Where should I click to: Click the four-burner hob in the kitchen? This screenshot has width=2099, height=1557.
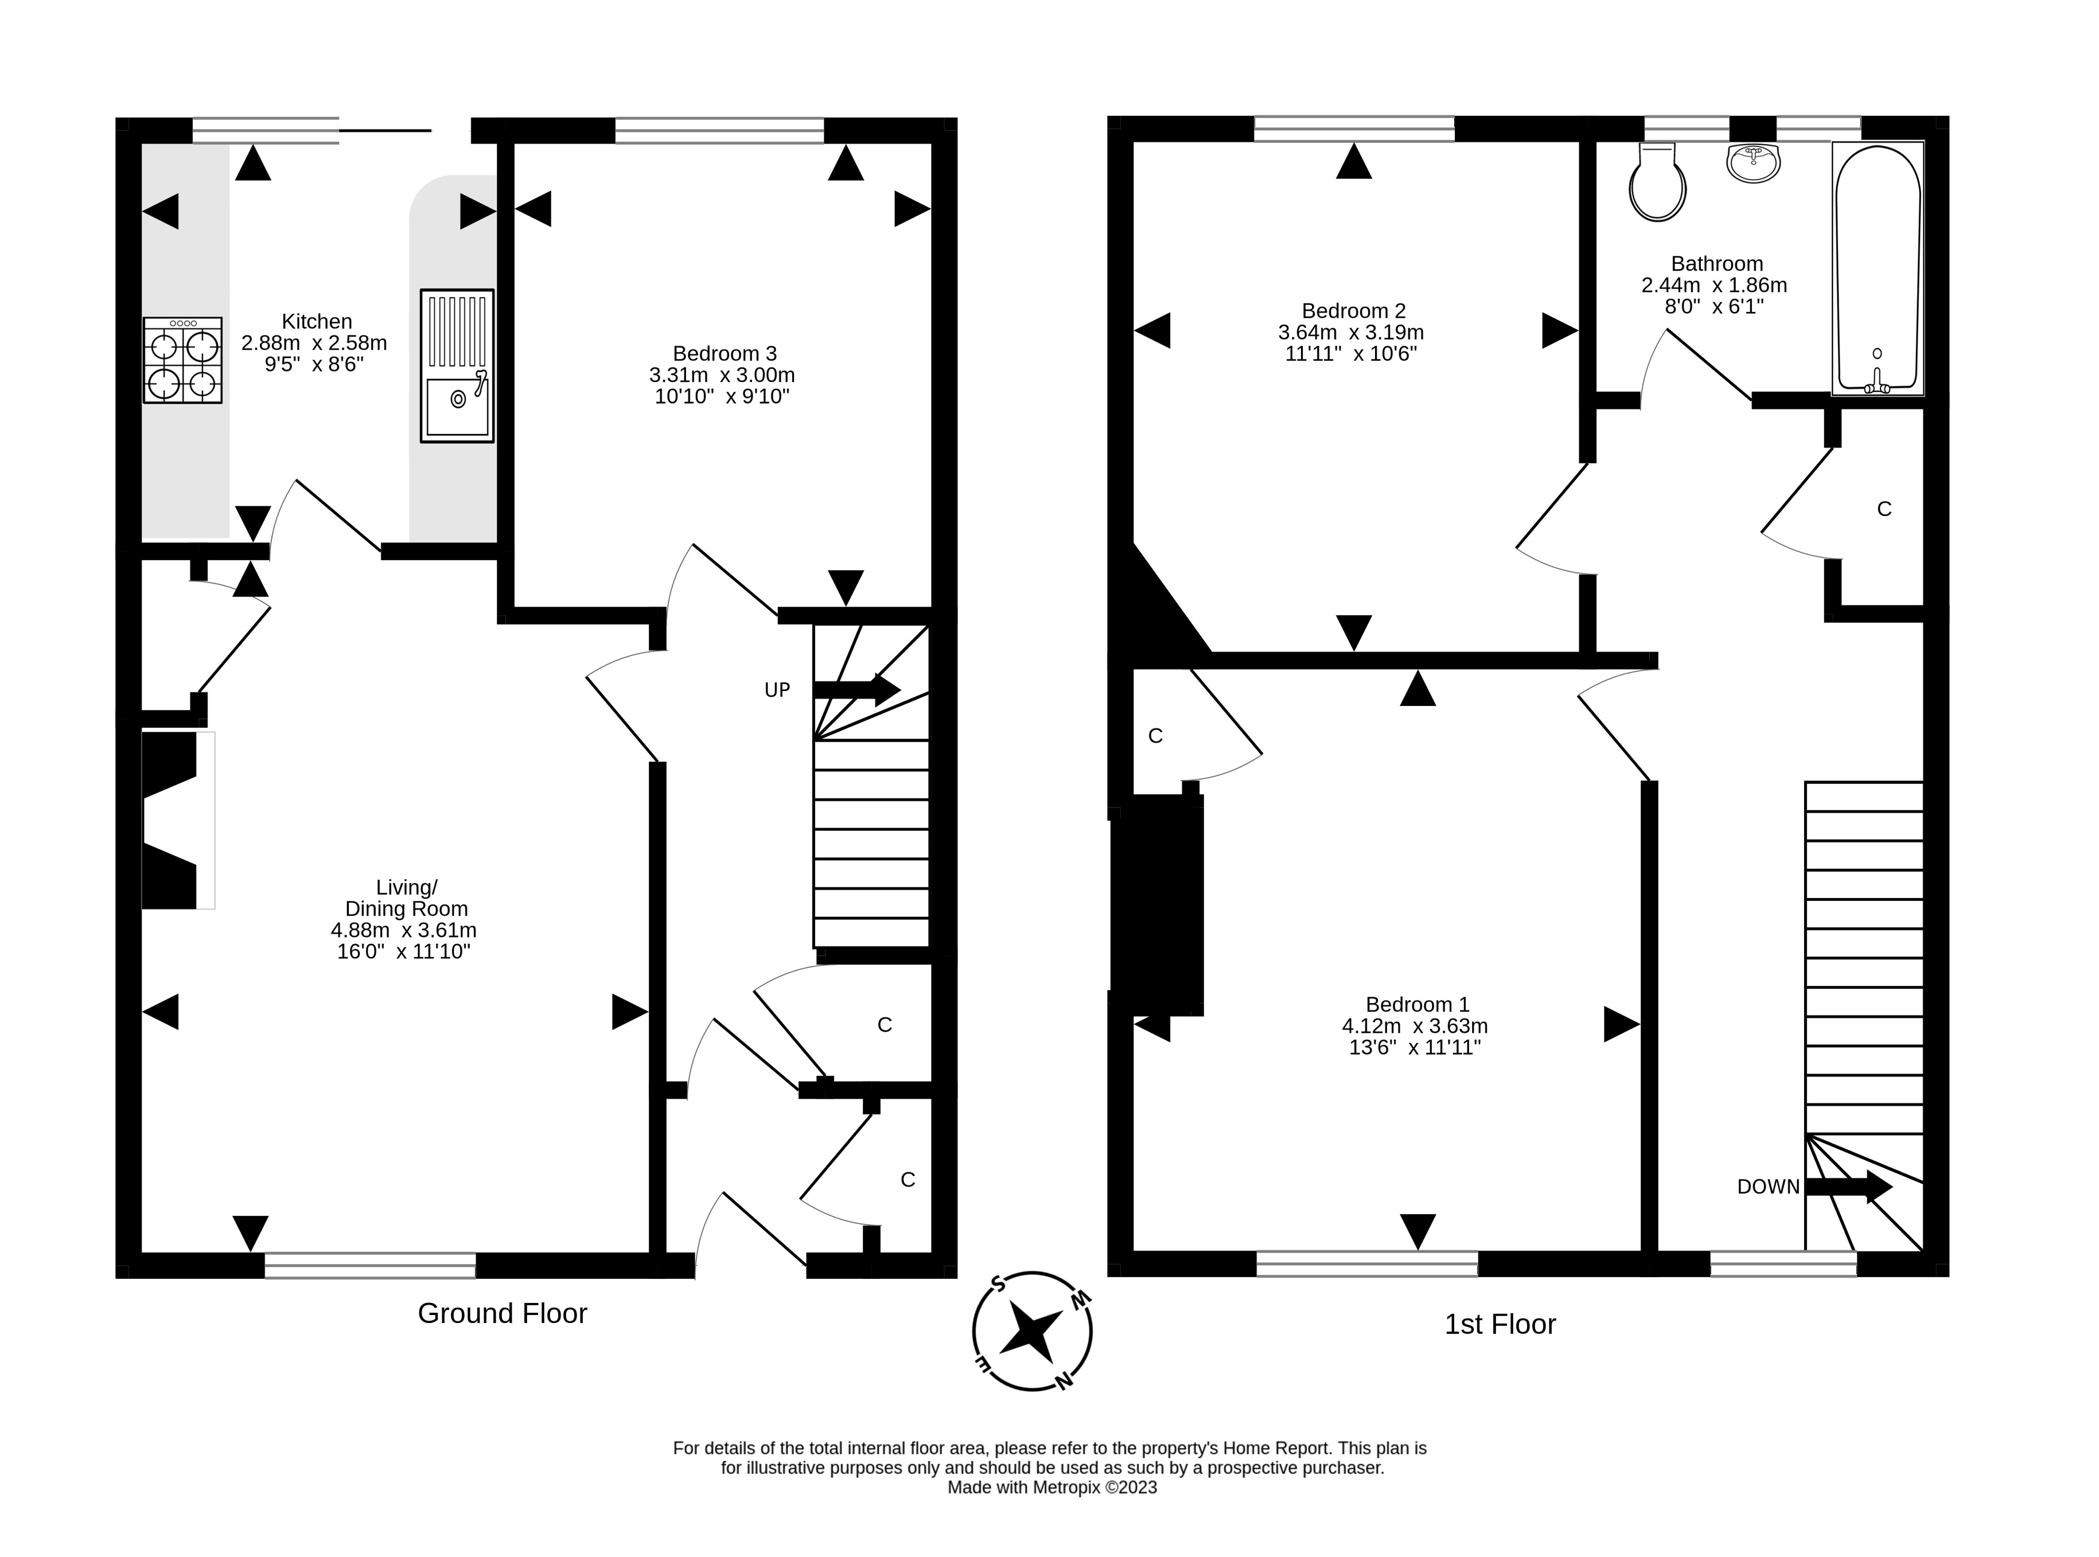point(183,360)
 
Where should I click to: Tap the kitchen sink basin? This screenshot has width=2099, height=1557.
point(457,408)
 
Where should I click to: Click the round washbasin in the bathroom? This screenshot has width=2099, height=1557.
point(1753,163)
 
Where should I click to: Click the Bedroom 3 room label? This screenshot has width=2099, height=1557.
point(724,353)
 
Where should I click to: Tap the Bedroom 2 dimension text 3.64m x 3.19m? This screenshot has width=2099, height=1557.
point(1350,333)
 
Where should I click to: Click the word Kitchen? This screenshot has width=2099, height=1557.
point(317,321)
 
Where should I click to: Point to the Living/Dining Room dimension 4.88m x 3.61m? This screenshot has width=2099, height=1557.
point(403,930)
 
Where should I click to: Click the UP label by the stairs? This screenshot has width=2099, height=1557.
point(777,690)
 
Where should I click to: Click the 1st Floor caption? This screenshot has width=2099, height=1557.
point(1500,1324)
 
